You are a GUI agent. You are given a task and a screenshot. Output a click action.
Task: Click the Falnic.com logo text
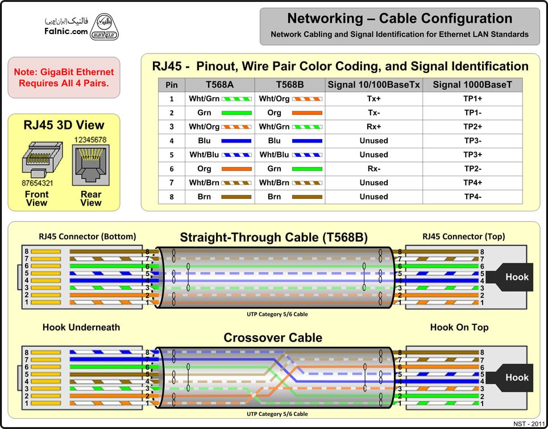(66, 31)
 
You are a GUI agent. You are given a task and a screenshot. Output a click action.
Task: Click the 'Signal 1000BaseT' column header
(472, 85)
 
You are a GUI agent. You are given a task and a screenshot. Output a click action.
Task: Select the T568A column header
(219, 85)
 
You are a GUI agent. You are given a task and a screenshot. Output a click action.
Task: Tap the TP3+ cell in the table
(472, 155)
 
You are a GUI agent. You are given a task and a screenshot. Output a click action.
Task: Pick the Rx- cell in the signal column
(373, 169)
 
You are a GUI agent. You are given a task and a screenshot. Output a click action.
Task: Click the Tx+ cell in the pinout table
(373, 99)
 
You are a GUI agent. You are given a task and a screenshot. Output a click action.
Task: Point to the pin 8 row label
(171, 197)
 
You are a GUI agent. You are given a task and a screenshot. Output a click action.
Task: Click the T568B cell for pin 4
(290, 141)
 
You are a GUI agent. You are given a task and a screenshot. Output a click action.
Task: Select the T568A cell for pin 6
(219, 169)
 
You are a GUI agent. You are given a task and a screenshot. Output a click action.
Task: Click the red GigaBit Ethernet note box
(64, 77)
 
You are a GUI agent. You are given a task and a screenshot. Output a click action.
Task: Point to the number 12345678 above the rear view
(91, 139)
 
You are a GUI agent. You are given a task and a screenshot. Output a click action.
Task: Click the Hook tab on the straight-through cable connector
(516, 277)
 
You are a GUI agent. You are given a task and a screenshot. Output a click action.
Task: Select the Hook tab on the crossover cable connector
(516, 377)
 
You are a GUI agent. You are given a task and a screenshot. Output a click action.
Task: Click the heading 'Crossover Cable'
(273, 338)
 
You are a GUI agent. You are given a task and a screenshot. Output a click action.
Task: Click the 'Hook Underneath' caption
(81, 327)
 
